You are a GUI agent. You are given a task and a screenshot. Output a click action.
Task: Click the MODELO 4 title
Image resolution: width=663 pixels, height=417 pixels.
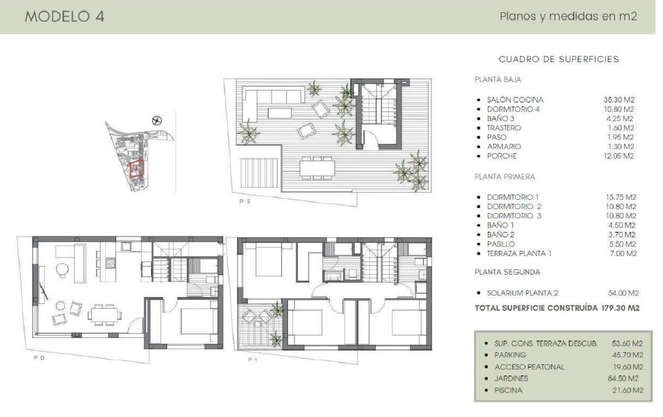(x=65, y=16)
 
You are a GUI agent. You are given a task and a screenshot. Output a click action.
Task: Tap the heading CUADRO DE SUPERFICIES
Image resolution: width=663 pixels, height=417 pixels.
(x=558, y=59)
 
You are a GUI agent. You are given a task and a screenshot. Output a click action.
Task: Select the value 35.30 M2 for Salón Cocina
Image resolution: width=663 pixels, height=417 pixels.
(x=619, y=100)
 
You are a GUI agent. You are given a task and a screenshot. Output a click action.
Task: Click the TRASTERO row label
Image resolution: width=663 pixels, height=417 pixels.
(x=504, y=128)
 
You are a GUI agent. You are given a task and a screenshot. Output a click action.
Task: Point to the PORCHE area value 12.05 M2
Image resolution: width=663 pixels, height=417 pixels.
(x=619, y=156)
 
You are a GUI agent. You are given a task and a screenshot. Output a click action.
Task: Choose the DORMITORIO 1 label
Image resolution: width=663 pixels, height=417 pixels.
(x=513, y=197)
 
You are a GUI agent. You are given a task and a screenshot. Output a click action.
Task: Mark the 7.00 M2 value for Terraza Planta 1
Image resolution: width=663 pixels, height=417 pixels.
(x=623, y=254)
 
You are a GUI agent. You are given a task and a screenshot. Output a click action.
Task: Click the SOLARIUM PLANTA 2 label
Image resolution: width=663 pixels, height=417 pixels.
(x=522, y=293)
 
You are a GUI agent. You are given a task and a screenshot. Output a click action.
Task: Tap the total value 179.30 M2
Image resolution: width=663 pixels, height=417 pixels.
(x=620, y=308)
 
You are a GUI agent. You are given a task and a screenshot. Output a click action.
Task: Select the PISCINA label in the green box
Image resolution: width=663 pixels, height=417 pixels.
(x=508, y=390)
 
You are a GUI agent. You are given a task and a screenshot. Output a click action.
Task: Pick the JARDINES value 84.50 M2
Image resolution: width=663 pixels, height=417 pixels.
(x=623, y=378)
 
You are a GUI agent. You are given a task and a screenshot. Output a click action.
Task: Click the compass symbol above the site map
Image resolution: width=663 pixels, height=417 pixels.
(x=156, y=120)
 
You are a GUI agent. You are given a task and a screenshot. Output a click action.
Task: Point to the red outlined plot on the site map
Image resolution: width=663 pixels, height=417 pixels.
(x=137, y=169)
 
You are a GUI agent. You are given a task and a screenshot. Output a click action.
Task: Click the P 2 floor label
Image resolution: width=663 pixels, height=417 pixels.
(x=245, y=201)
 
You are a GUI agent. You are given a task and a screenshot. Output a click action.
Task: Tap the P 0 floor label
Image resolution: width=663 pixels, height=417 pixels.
(x=39, y=358)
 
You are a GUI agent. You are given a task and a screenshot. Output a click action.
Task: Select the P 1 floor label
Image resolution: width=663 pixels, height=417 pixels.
(x=252, y=360)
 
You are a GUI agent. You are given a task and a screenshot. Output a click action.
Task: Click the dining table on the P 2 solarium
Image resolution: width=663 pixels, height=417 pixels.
(x=317, y=168)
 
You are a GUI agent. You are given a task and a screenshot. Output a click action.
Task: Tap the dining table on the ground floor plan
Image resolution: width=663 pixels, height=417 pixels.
(x=104, y=314)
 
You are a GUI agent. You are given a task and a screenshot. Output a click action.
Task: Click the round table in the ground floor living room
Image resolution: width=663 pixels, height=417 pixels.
(x=62, y=268)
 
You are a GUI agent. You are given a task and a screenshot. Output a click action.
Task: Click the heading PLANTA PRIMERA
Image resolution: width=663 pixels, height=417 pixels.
(x=505, y=177)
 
